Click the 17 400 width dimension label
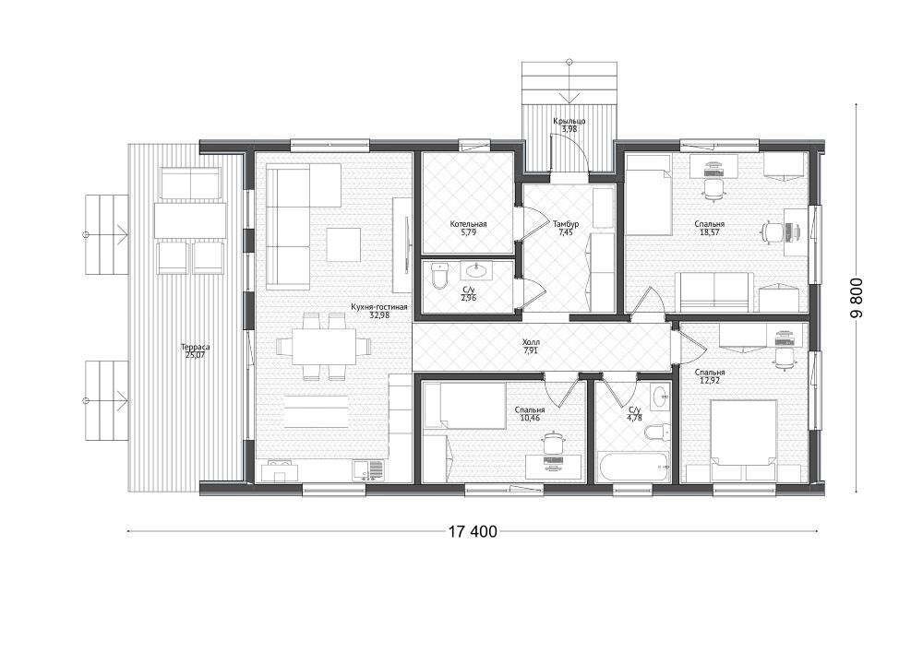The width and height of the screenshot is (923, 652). click(x=473, y=532)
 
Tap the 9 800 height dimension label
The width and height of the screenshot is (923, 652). click(x=857, y=297)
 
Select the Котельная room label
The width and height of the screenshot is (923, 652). click(x=469, y=224)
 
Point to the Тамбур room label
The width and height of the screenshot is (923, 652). click(x=566, y=224)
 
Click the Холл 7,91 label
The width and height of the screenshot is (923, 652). click(x=531, y=346)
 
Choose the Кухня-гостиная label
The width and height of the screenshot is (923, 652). click(x=379, y=307)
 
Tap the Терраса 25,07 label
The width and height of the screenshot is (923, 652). click(x=196, y=351)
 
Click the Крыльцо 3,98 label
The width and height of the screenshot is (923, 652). click(x=569, y=125)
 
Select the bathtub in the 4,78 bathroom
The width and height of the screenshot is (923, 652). click(x=633, y=467)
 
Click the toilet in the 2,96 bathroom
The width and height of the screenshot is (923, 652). click(x=439, y=276)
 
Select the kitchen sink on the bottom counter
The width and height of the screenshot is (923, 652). click(x=368, y=469)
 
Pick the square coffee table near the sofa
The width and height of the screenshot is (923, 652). click(x=343, y=244)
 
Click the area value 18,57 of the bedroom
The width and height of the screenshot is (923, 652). click(x=709, y=232)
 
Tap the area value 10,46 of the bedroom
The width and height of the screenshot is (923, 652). click(x=529, y=418)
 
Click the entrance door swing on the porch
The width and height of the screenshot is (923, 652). click(x=569, y=153)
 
